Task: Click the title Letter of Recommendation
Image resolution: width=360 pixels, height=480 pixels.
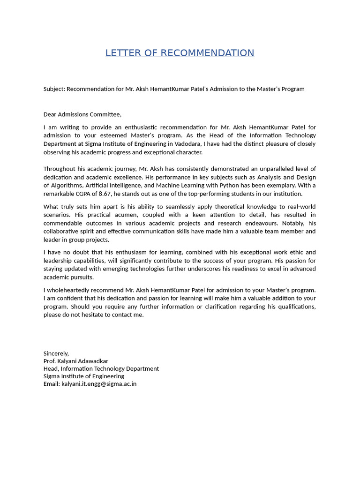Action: click(x=180, y=53)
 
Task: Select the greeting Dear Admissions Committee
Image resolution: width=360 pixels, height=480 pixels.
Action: click(x=82, y=114)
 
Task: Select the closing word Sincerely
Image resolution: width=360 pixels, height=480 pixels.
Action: click(x=56, y=353)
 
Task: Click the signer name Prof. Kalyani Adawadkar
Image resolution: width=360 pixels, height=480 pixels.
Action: click(x=76, y=361)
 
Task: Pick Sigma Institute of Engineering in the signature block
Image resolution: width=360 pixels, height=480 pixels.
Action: click(x=84, y=376)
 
